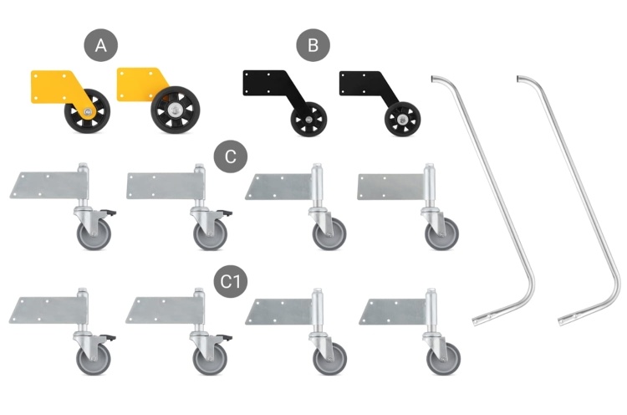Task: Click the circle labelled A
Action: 101,46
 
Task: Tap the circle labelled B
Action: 313,46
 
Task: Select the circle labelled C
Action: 230,156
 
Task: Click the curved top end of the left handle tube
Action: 435,79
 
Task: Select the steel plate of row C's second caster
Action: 158,185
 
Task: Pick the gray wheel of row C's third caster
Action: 329,233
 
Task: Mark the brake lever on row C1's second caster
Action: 227,338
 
